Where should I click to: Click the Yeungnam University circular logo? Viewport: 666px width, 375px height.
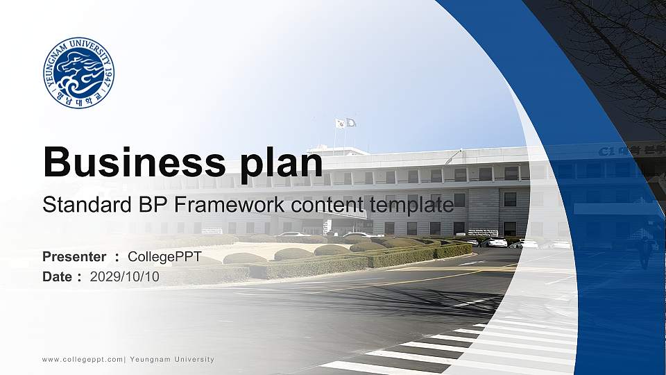(x=78, y=73)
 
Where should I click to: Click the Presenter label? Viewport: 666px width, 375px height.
(x=74, y=257)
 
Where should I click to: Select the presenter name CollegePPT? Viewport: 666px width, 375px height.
(x=164, y=257)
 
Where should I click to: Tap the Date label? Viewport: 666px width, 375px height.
(x=58, y=276)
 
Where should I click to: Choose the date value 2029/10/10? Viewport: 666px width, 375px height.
(x=125, y=276)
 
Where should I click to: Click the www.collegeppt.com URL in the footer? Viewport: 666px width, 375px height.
(x=83, y=359)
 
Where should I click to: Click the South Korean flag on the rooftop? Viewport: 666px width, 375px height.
(x=341, y=123)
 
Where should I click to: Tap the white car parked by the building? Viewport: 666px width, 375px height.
(x=497, y=242)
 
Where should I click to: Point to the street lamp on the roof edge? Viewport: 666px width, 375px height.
(x=454, y=154)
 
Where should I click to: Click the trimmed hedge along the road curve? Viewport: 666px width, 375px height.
(x=388, y=256)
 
